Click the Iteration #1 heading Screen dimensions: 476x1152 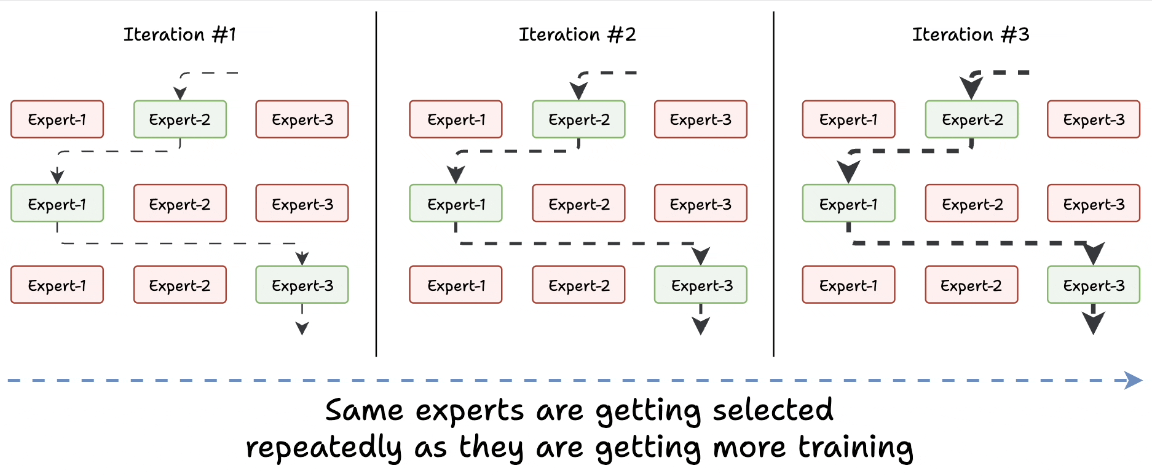(x=180, y=34)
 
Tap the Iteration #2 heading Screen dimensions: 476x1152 (x=577, y=34)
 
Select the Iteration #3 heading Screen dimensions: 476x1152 (x=971, y=34)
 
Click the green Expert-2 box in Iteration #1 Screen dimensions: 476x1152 (x=180, y=119)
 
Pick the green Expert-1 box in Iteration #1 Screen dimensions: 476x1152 (x=57, y=204)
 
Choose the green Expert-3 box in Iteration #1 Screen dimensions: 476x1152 (x=302, y=285)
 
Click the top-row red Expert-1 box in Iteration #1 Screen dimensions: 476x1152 (x=57, y=119)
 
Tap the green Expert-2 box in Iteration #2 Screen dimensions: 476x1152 (x=578, y=119)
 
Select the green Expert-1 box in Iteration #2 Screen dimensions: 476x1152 (x=456, y=204)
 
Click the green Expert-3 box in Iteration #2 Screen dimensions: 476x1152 (x=701, y=285)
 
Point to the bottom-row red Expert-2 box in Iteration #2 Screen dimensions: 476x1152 (x=578, y=285)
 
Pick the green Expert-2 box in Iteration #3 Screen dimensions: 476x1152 (x=971, y=119)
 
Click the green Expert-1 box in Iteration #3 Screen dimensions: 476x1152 (x=848, y=204)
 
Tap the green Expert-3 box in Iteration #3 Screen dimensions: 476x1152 (x=1094, y=285)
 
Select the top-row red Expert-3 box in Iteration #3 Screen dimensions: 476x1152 (x=1094, y=119)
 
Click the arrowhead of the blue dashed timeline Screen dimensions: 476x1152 (x=1134, y=380)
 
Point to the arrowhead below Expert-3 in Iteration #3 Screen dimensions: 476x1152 (x=1094, y=323)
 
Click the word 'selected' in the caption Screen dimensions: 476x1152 (x=773, y=410)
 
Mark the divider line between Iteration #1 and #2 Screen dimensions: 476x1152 (x=376, y=184)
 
